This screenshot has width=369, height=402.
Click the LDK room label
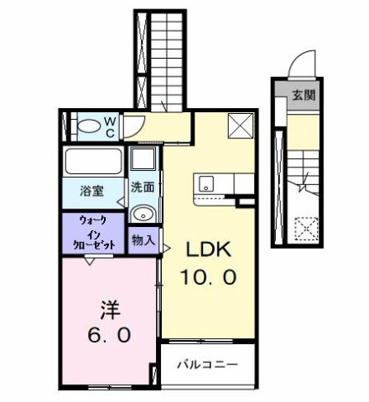click(207, 249)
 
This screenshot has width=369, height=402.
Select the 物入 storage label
click(143, 240)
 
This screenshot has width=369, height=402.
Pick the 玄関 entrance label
click(304, 95)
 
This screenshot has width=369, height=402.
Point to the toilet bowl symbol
click(86, 128)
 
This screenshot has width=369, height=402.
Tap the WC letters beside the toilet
click(109, 127)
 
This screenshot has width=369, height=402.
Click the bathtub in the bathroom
click(93, 161)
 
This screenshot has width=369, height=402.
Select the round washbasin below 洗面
click(143, 212)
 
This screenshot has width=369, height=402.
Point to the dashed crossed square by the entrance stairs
click(306, 226)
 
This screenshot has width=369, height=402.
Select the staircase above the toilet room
click(158, 59)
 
